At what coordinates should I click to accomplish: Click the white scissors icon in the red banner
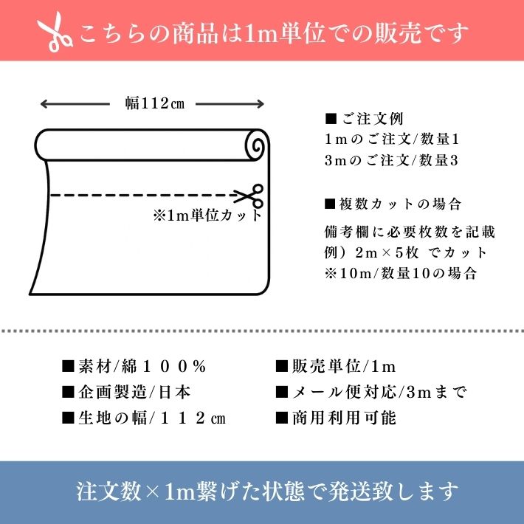[55, 32]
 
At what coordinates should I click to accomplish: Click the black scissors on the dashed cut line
[249, 196]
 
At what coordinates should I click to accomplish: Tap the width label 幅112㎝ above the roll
[154, 104]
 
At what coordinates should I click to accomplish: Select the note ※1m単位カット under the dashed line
[207, 216]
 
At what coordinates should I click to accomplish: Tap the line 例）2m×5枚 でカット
[405, 252]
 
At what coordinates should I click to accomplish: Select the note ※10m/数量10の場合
[400, 272]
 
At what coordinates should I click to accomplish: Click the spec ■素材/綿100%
[134, 367]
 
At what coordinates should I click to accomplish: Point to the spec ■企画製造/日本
[126, 392]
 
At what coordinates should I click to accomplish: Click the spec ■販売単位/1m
[336, 367]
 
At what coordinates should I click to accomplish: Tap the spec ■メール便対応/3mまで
[370, 392]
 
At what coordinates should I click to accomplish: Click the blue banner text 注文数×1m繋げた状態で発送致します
[267, 492]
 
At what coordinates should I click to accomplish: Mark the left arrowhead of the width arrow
[43, 104]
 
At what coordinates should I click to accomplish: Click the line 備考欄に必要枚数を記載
[410, 232]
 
